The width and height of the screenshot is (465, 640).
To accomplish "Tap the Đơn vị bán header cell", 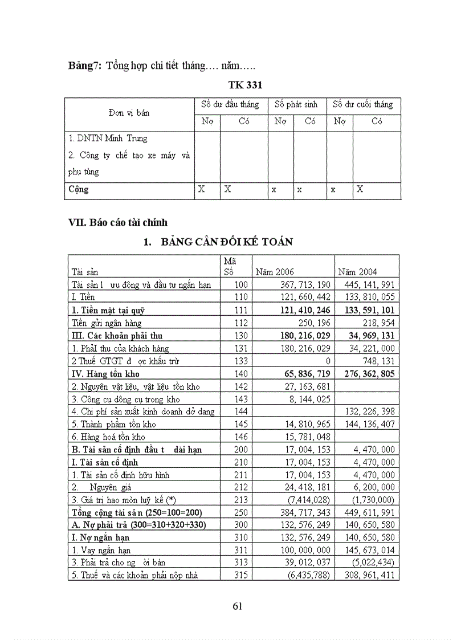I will click(129, 113).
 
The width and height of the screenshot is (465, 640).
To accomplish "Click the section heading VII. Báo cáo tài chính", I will click(118, 222).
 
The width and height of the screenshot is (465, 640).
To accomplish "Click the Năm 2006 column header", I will click(275, 272).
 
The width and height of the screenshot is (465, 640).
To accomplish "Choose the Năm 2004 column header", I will click(357, 272).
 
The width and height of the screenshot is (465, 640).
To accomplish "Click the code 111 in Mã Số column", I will click(242, 311).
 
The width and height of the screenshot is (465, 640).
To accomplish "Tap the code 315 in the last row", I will click(242, 575).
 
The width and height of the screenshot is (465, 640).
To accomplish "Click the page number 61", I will click(238, 606).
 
